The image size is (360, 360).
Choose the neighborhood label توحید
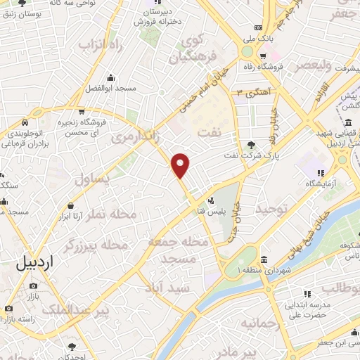[271, 209]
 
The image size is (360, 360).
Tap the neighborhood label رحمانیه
[260, 323]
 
